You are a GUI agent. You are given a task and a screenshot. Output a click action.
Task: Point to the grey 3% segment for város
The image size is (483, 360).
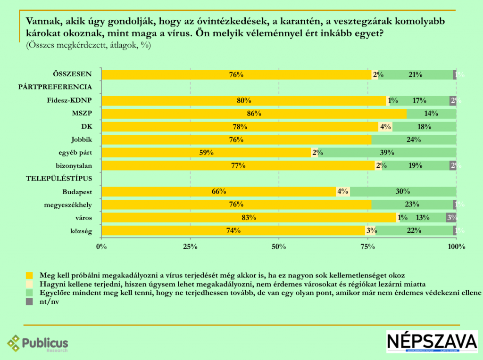[451, 218]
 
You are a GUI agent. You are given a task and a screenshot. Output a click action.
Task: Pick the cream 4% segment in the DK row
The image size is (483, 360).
[385, 127]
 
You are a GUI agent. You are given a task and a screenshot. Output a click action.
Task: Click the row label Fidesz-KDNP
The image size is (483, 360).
[69, 100]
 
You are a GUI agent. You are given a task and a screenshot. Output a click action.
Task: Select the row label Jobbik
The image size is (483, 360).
[81, 139]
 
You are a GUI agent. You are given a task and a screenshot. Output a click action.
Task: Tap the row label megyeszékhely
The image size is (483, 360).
[67, 205]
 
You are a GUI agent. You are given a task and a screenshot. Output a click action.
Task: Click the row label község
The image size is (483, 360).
[80, 231]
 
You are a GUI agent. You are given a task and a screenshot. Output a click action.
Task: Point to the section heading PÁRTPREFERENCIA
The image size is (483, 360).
[55, 87]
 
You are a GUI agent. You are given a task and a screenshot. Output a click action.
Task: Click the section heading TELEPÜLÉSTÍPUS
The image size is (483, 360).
[58, 179]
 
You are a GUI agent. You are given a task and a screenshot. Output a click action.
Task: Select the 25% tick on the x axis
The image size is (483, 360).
[190, 246]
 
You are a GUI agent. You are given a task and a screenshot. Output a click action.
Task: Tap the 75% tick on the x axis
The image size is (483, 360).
[367, 246]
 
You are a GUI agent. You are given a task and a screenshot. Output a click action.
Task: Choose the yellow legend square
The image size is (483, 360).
[30, 275]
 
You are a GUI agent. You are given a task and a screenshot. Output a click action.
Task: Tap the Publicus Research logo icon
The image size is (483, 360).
[14, 343]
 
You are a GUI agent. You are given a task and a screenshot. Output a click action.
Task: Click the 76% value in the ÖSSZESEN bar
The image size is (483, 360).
[236, 74]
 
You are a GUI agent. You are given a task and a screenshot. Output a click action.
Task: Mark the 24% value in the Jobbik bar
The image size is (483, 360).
[414, 139]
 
